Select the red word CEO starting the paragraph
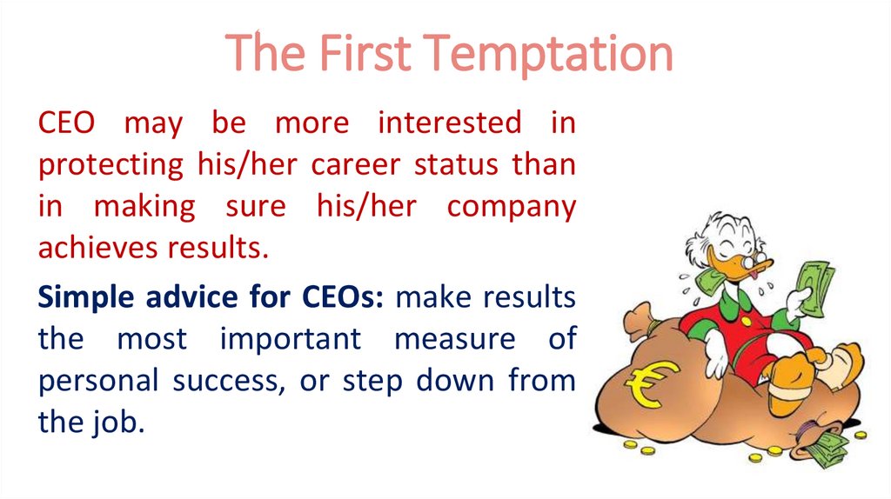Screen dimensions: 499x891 pos(69,123)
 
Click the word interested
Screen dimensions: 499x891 pos(449,123)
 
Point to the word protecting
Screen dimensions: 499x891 pos(108,165)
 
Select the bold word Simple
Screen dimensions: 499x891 pos(84,297)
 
